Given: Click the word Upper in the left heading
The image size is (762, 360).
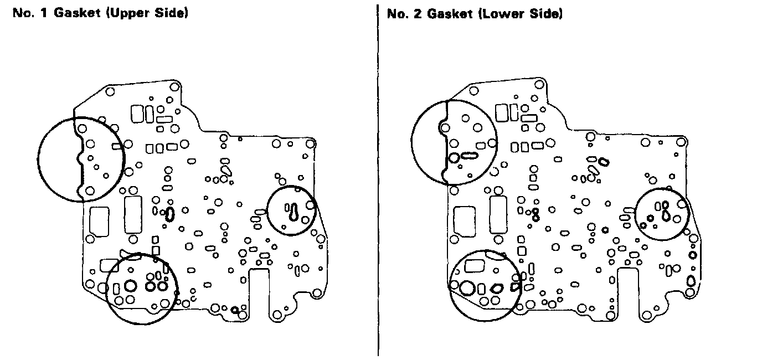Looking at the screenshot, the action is click(x=131, y=13).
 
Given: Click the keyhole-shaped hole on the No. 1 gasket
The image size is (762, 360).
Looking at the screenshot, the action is click(x=294, y=211).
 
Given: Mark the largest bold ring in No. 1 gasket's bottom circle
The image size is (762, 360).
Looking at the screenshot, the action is click(x=131, y=286).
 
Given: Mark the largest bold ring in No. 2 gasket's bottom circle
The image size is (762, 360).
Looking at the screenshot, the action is click(x=467, y=288).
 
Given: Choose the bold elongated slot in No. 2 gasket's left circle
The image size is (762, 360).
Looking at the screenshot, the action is click(x=470, y=156).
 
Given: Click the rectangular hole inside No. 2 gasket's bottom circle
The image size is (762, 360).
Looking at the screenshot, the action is click(x=474, y=266).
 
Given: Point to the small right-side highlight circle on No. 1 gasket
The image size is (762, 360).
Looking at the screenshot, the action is click(x=291, y=210).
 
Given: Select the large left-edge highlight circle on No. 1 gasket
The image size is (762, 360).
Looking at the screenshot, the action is click(x=81, y=160).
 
